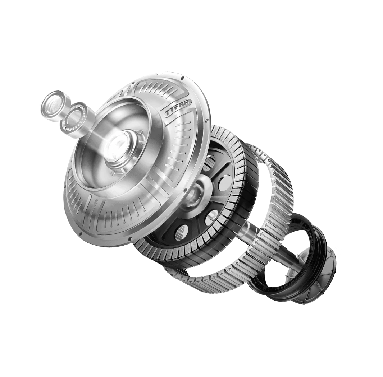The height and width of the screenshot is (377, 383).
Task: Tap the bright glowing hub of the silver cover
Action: (x=116, y=146)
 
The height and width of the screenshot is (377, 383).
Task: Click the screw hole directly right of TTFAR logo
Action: (x=207, y=120)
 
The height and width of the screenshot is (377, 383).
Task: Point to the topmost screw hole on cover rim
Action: (x=182, y=78)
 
